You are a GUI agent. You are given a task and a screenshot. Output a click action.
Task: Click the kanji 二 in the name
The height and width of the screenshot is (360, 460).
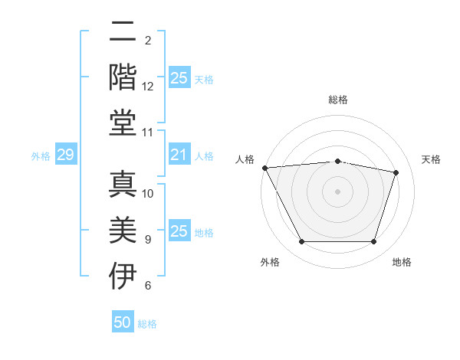coord(123,32)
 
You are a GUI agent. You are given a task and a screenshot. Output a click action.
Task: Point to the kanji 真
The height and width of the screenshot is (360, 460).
coord(123,182)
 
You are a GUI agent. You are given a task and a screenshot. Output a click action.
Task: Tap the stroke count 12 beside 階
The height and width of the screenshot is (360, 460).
coord(148,87)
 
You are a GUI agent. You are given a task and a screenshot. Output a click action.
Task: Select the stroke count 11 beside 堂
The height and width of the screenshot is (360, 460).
coord(148,133)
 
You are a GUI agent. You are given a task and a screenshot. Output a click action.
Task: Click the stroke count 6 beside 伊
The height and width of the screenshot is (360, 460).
coord(148,286)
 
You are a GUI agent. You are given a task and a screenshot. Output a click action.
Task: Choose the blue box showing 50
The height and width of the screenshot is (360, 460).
coord(123,322)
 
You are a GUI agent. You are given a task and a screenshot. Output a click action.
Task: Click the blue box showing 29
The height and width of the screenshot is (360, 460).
coord(66,155)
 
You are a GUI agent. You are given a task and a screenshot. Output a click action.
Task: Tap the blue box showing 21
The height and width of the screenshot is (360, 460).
coord(179,155)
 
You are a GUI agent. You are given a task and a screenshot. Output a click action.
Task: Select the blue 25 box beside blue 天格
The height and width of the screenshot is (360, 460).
coord(179,78)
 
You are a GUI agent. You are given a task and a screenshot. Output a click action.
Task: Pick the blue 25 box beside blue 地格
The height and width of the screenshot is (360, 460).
coord(179,231)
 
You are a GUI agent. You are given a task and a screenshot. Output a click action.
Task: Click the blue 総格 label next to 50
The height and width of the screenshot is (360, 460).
coord(147,324)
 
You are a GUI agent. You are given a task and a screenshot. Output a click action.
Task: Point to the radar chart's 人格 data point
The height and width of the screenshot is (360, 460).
coord(264,168)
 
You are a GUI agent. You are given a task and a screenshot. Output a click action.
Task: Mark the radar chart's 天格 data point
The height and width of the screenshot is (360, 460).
coord(396,172)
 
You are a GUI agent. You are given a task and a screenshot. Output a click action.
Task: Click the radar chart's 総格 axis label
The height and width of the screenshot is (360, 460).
coord(338,100)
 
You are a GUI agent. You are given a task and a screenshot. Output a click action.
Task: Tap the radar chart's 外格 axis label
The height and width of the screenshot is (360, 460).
coord(270,262)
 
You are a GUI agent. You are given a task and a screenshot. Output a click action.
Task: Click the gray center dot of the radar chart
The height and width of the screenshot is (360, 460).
coord(337,191)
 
